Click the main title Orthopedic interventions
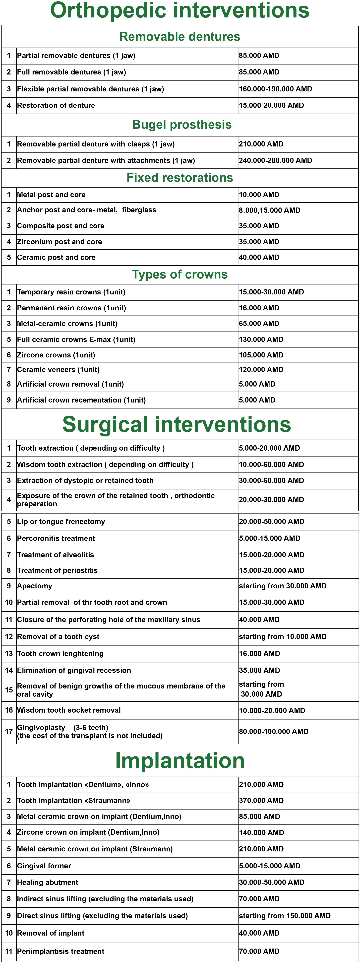[x=180, y=10]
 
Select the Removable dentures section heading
[x=180, y=37]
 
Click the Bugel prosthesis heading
[x=182, y=125]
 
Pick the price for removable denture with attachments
[x=275, y=161]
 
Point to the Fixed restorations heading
[x=180, y=178]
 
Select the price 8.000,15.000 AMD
[x=269, y=210]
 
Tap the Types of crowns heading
[x=180, y=275]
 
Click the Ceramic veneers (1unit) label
[x=58, y=370]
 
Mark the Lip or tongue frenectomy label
[x=61, y=522]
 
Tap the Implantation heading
[x=180, y=760]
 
